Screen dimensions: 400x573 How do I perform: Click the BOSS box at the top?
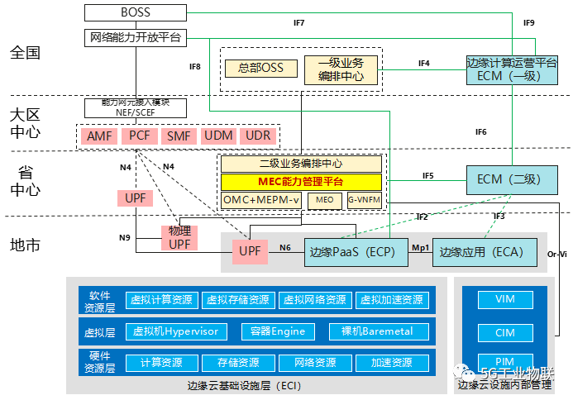(x=135, y=13)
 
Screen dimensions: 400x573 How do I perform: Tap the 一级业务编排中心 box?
(x=341, y=69)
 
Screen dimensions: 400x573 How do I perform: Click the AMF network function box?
(x=99, y=136)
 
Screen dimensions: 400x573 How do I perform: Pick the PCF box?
(x=139, y=136)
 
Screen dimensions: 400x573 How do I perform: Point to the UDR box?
(x=257, y=136)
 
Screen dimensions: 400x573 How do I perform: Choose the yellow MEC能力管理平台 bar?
(x=301, y=181)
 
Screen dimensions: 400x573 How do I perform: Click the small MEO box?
(x=324, y=199)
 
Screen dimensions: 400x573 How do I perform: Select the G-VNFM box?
(x=364, y=199)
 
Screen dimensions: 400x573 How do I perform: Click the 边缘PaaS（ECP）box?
(x=356, y=252)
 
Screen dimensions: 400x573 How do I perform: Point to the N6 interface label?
(x=285, y=246)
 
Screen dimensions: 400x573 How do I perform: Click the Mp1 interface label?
(x=420, y=246)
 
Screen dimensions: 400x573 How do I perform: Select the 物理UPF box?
(x=179, y=238)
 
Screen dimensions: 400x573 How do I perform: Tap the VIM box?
(x=505, y=299)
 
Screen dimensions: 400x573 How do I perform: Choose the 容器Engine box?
(x=278, y=331)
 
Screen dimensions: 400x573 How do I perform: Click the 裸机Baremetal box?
(x=379, y=331)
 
